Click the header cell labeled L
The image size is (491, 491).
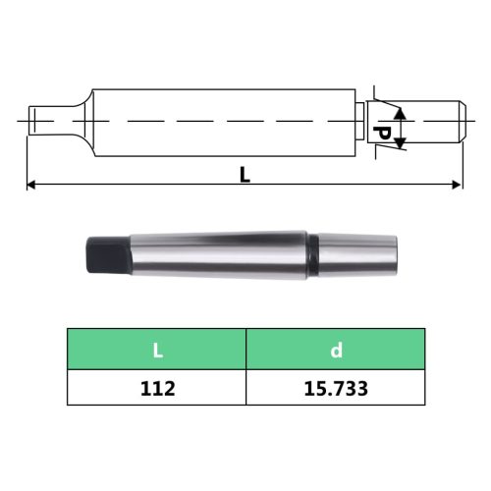click(156, 349)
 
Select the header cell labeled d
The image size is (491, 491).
click(335, 349)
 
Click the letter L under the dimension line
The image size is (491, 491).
click(245, 175)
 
